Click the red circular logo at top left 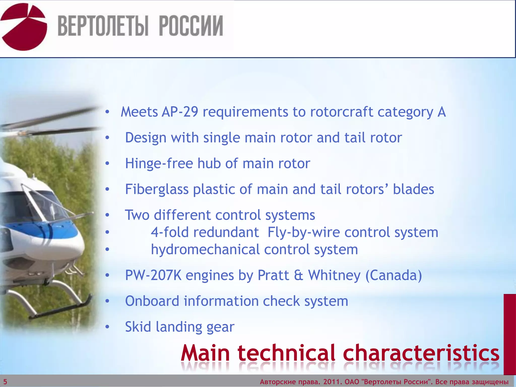pos(24,26)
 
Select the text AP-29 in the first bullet pos(180,112)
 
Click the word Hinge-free pos(159,163)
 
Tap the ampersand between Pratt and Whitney pos(298,275)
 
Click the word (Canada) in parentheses pos(394,275)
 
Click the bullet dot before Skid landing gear pos(107,327)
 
